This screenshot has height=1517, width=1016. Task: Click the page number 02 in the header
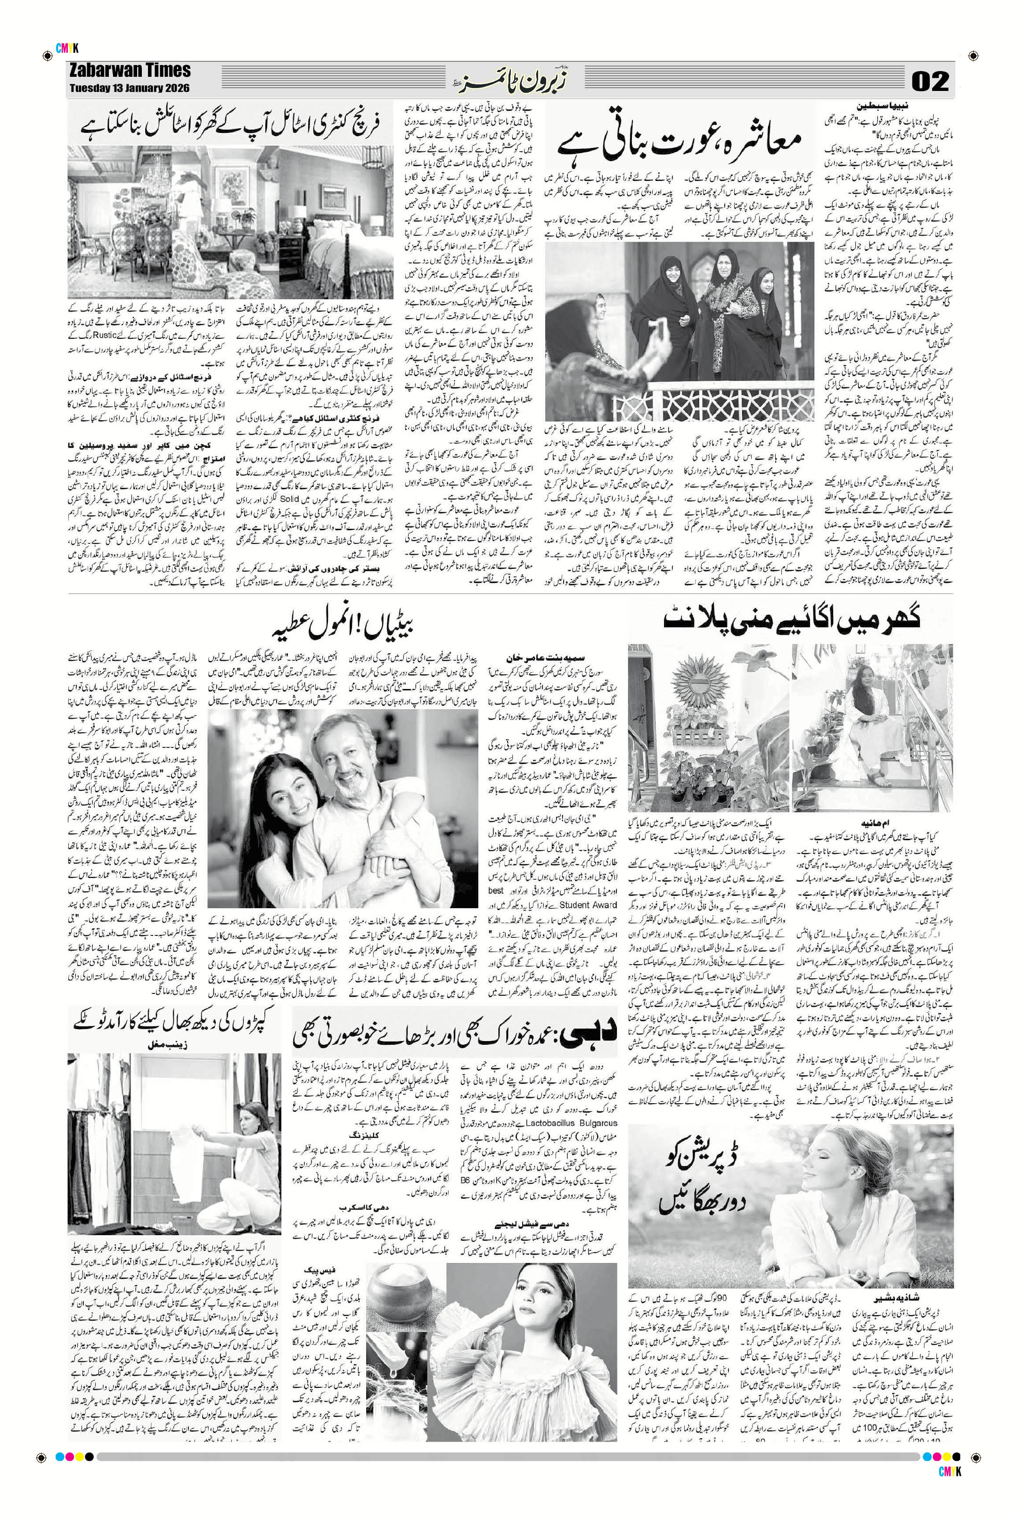930,81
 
